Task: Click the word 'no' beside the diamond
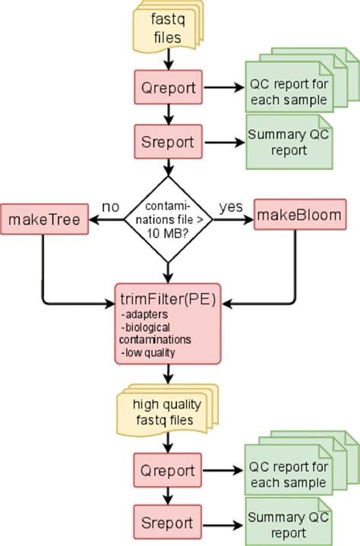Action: pos(111,207)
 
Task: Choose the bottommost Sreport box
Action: pos(167,522)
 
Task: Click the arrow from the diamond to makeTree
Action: pos(106,220)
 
